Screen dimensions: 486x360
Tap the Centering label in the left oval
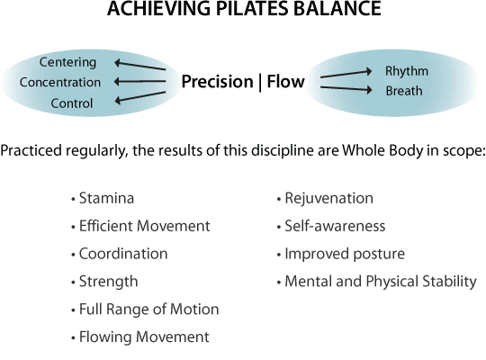tap(67, 62)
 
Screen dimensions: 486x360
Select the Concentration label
tap(60, 82)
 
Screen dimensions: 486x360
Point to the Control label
tap(72, 103)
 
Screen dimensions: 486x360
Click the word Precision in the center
tap(217, 82)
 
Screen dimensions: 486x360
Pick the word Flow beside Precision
tap(286, 81)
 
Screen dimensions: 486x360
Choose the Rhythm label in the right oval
tap(407, 71)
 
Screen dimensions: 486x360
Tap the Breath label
tap(404, 91)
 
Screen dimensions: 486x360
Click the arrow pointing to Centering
tap(139, 66)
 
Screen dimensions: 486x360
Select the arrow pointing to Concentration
tap(139, 82)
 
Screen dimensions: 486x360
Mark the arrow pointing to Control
tap(139, 97)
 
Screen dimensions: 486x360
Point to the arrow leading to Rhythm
tap(346, 74)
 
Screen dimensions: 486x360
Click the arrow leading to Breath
tap(346, 89)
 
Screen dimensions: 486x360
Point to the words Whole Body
tap(382, 150)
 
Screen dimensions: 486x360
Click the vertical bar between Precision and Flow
tap(260, 82)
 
